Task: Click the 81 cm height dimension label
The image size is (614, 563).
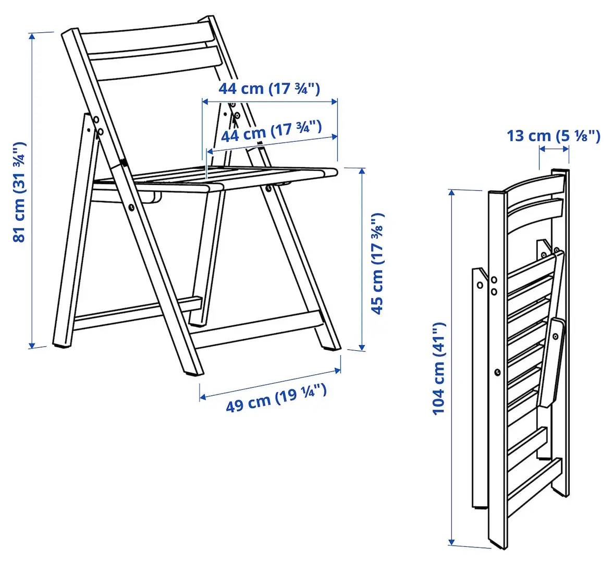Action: [x=19, y=191]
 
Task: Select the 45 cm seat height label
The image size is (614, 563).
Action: [x=377, y=263]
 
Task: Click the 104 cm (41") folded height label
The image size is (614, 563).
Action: [x=439, y=369]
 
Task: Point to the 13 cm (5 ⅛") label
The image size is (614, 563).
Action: [x=554, y=136]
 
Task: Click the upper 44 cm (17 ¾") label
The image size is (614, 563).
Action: [x=269, y=88]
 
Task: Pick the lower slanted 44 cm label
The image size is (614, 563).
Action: [x=271, y=131]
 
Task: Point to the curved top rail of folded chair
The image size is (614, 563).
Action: [x=534, y=185]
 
